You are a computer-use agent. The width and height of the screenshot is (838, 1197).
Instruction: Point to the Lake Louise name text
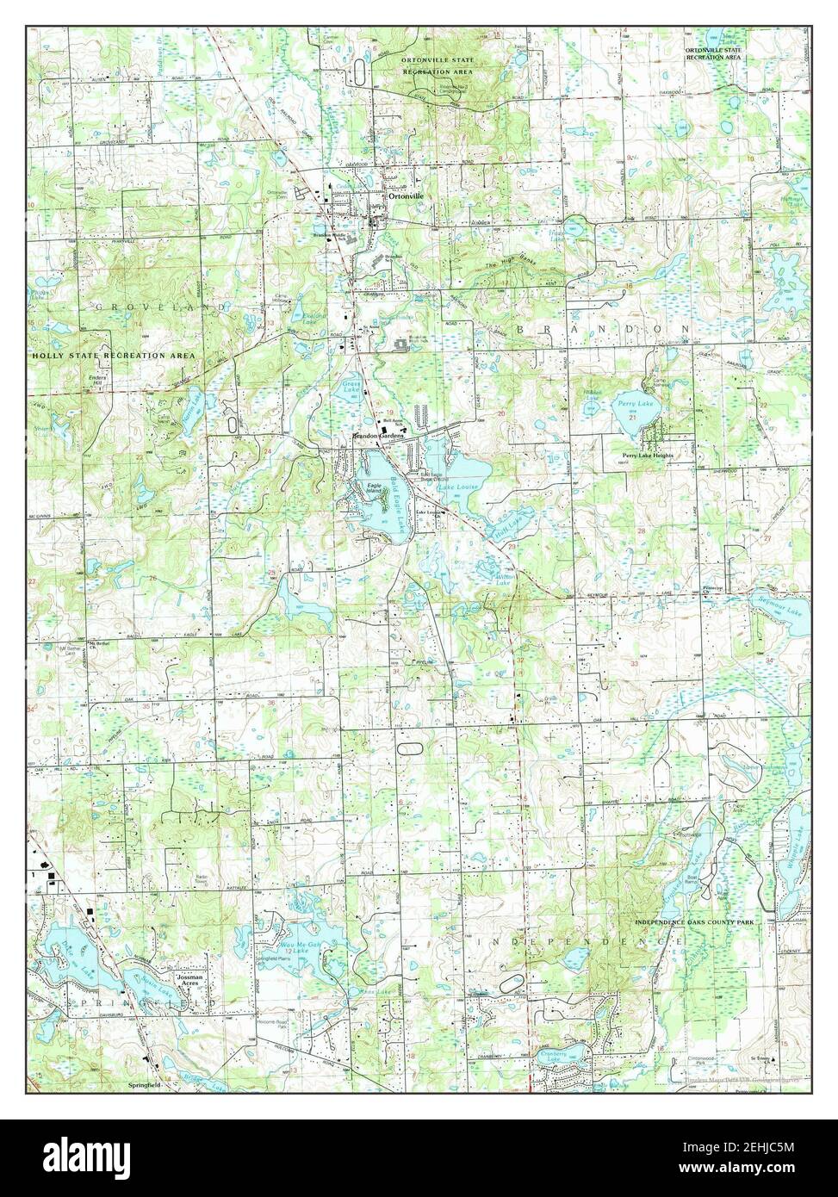(x=457, y=487)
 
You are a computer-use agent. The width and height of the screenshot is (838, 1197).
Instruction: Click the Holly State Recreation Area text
(x=114, y=355)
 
